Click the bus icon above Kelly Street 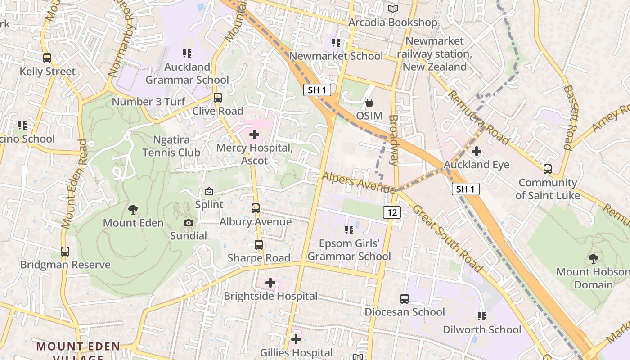click(x=47, y=58)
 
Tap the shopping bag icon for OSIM click(x=369, y=103)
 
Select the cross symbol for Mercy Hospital click(x=254, y=134)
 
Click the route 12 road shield click(x=392, y=212)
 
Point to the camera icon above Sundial click(x=189, y=223)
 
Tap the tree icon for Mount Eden click(x=133, y=209)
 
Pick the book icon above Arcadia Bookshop click(x=393, y=9)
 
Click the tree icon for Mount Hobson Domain click(x=594, y=258)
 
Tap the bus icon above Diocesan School click(x=405, y=299)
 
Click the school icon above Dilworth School click(x=482, y=316)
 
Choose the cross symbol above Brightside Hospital click(x=270, y=283)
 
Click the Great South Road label click(x=447, y=238)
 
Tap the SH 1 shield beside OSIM click(x=317, y=90)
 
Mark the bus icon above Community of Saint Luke click(x=548, y=169)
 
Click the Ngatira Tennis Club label click(x=171, y=146)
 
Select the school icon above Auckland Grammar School click(x=187, y=54)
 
